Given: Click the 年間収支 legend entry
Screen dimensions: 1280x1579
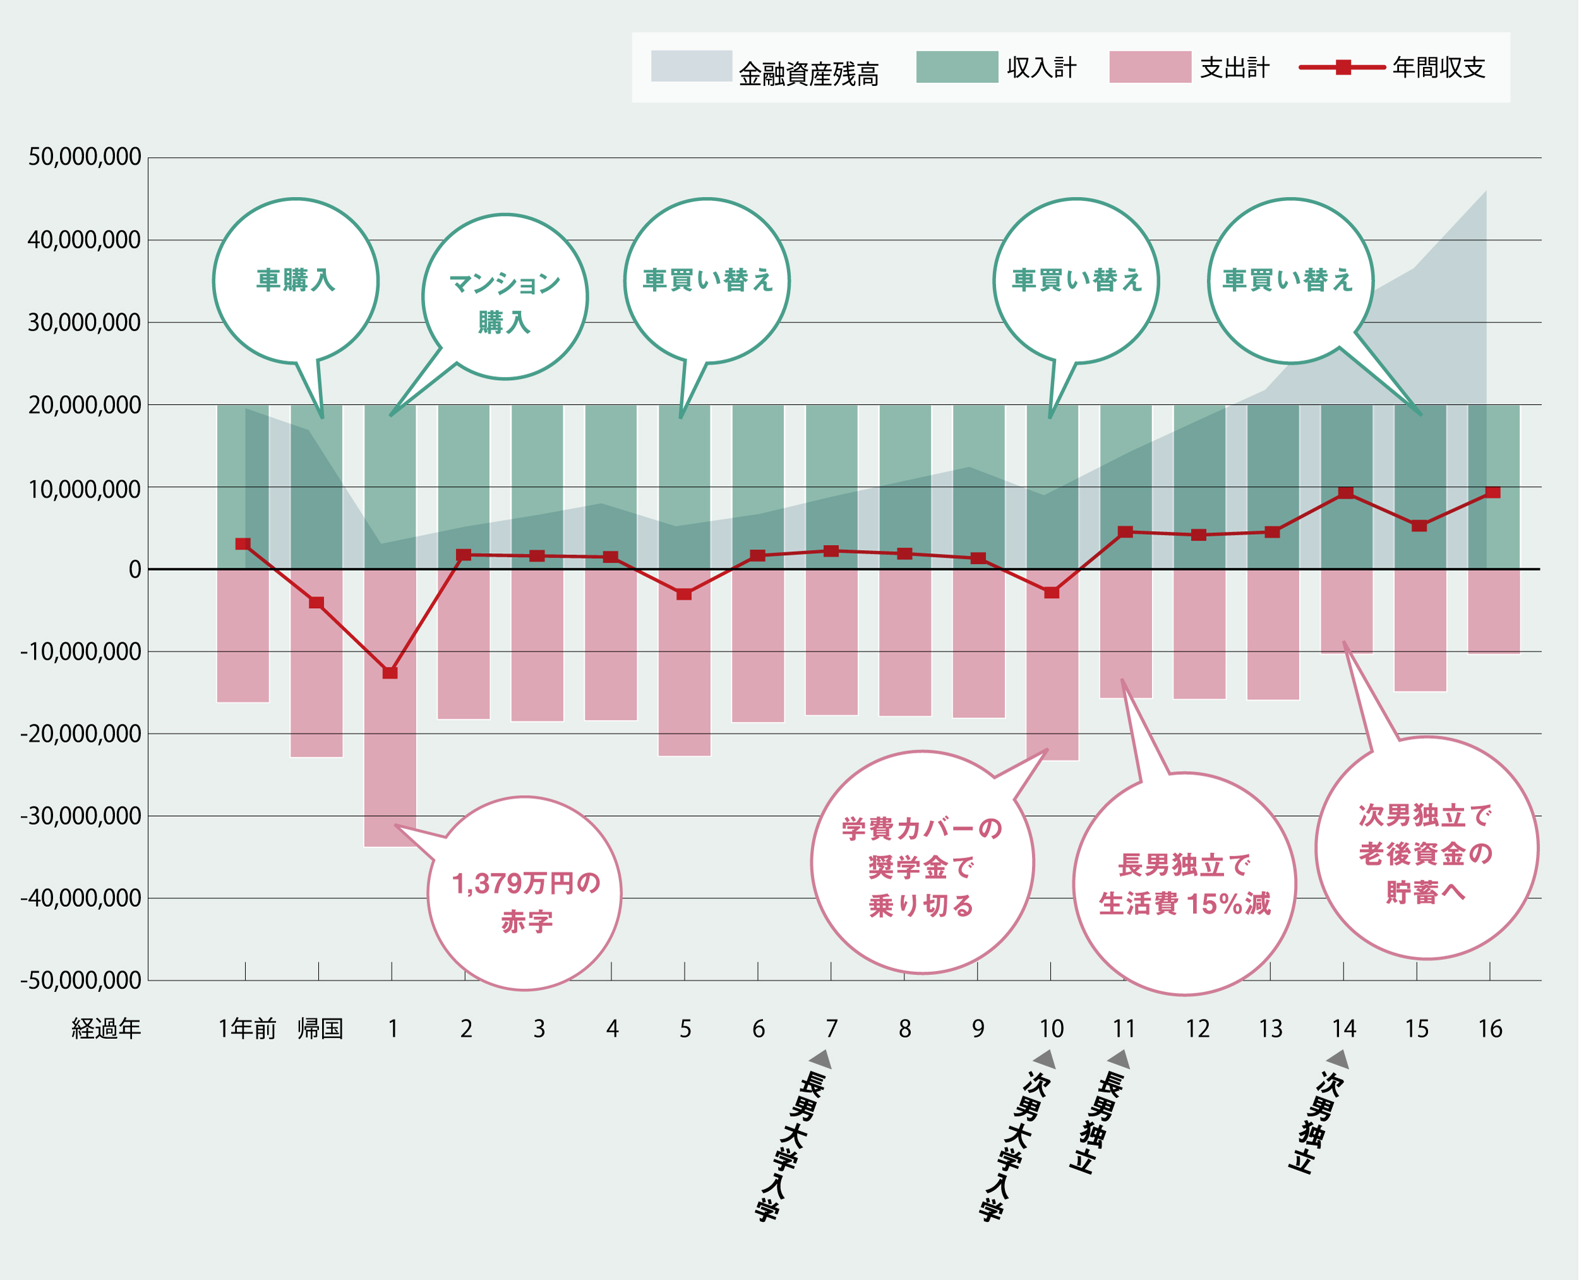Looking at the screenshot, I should coord(1438,67).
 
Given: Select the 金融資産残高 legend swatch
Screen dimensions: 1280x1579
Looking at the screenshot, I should coord(691,66).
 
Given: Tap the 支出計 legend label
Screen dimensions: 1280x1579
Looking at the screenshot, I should coord(1235,67).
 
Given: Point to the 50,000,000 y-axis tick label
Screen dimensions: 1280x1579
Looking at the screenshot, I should coord(84,157).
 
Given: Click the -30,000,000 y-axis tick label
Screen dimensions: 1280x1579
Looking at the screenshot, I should coord(81,816).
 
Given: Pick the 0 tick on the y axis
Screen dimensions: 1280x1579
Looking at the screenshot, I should coord(135,569).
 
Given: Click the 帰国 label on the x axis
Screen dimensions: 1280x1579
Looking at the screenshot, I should coord(320,1028).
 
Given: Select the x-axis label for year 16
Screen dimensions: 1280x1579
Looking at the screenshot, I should coord(1490,1028).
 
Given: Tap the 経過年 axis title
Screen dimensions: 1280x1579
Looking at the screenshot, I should coord(105,1028).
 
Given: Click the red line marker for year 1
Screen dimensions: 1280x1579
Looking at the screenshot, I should coord(390,673).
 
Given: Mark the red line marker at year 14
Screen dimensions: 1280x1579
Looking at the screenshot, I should coord(1345,493).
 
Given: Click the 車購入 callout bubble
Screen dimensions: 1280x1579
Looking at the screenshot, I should coord(296,281).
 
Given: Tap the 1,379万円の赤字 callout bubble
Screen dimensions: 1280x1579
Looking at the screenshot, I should coord(524,894).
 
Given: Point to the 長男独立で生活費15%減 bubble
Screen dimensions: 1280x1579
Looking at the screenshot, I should coord(1184,884).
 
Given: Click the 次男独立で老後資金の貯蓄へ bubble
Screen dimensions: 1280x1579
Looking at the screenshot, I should coord(1426,848).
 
